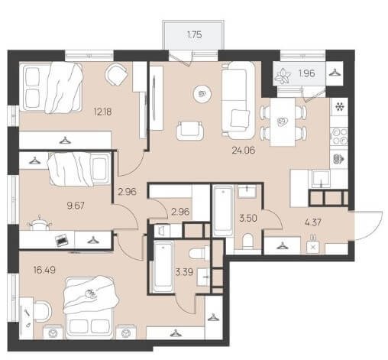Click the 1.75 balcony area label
pos(195,34)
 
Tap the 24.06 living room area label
pos(244,151)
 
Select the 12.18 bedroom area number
pos(102,112)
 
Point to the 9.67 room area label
pos(76,206)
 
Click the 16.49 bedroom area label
pos(44,270)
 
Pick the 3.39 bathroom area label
pos(184,272)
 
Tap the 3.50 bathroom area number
pos(248,219)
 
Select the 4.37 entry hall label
pos(313,222)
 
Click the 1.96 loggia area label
pos(307,73)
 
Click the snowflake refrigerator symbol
pos(339,106)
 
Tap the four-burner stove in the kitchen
pos(339,136)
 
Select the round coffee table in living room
pos(202,94)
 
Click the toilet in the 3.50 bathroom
pos(247,242)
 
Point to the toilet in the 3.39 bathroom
pos(199,253)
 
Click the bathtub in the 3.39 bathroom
pos(163,267)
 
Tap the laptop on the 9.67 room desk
pos(62,240)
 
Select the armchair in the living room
pos(189,130)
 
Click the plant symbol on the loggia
pos(283,76)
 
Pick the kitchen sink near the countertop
pos(320,179)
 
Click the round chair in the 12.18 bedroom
pos(116,74)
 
